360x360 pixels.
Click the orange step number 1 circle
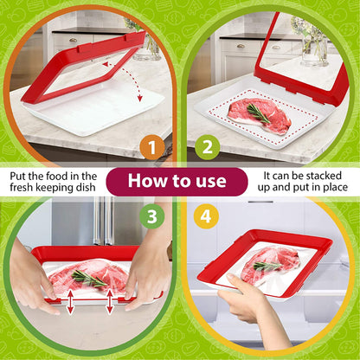pyautogui.click(x=152, y=147)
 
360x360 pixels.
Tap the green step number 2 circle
pyautogui.click(x=206, y=147)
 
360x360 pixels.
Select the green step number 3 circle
pyautogui.click(x=152, y=215)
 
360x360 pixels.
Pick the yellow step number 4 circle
pyautogui.click(x=206, y=215)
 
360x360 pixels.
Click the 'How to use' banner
pyautogui.click(x=179, y=182)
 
